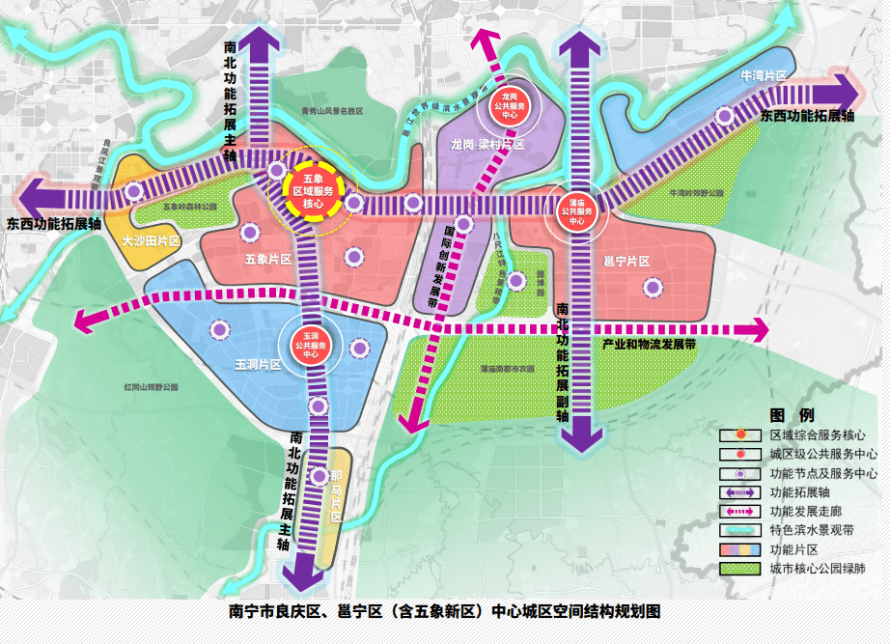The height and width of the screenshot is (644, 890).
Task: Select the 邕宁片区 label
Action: click(x=626, y=261)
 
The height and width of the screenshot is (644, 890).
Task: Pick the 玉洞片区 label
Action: click(x=257, y=365)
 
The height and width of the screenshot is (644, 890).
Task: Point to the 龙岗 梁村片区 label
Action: click(x=487, y=144)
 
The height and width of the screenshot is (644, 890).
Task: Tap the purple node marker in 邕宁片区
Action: click(x=654, y=287)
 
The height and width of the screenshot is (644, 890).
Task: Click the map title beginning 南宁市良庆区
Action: click(x=444, y=611)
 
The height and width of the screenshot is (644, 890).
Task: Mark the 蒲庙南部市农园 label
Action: click(x=507, y=368)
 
